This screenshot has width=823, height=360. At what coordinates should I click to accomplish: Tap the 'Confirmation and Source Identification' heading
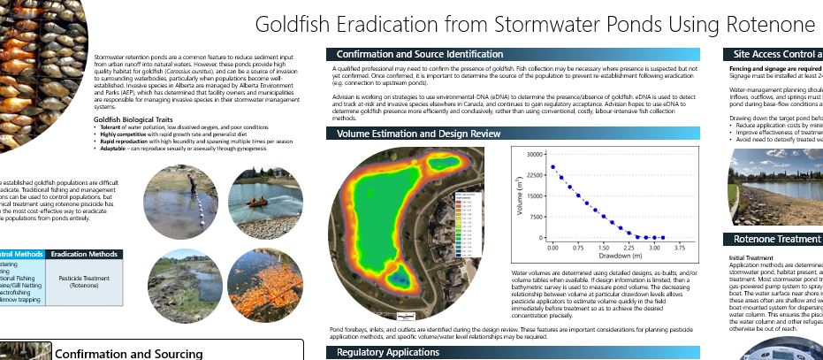tap(420, 54)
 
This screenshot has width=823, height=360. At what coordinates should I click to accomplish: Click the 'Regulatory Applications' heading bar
tap(387, 352)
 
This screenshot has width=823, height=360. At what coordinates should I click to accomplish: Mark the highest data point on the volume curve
tap(552, 166)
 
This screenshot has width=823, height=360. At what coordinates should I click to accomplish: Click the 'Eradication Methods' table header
tap(85, 254)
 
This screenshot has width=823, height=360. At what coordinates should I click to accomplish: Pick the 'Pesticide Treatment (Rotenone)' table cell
tap(85, 282)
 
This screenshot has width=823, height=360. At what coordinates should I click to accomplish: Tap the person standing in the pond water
tap(193, 183)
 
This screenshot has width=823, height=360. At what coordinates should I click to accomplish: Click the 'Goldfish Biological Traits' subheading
tap(139, 118)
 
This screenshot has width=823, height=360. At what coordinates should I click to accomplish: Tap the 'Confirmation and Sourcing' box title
tap(128, 353)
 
